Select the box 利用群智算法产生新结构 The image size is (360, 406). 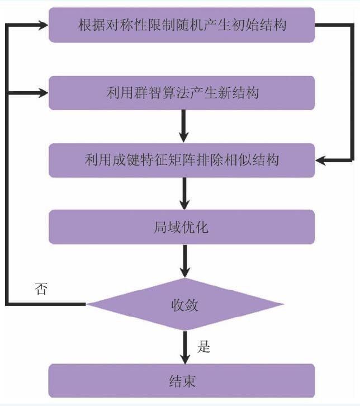pyautogui.click(x=182, y=93)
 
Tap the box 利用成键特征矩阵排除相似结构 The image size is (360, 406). pyautogui.click(x=182, y=160)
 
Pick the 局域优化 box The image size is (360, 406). pyautogui.click(x=182, y=227)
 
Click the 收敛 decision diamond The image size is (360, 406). pyautogui.click(x=184, y=305)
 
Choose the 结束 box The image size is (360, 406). pyautogui.click(x=182, y=381)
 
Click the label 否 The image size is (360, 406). pyautogui.click(x=40, y=290)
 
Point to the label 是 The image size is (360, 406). pyautogui.click(x=203, y=347)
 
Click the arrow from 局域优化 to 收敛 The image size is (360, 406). pyautogui.click(x=184, y=261)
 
